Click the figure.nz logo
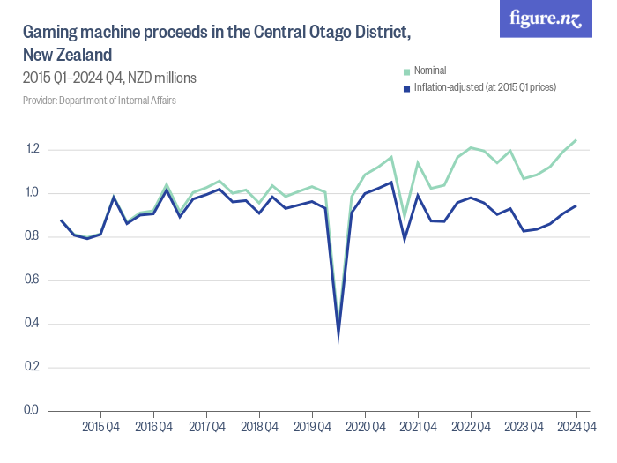click(x=546, y=19)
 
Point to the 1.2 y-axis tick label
click(x=32, y=149)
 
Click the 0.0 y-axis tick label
click(x=32, y=410)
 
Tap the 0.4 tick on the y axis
click(x=32, y=324)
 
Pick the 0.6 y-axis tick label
click(x=32, y=280)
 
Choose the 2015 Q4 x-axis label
click(x=100, y=429)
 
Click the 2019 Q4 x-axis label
click(x=312, y=429)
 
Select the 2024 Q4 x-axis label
click(x=576, y=429)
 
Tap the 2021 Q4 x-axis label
click(x=418, y=429)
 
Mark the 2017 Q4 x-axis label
click(x=206, y=429)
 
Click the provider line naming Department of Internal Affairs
click(x=99, y=101)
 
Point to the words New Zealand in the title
click(x=67, y=55)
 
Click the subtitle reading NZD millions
click(x=162, y=78)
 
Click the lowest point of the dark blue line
click(x=338, y=337)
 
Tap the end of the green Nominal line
click(x=576, y=139)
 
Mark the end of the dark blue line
click(x=576, y=205)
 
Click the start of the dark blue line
click(x=61, y=220)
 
